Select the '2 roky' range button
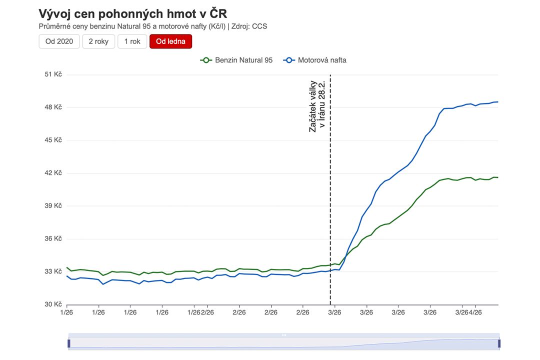point(98,41)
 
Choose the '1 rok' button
point(132,41)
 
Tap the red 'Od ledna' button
point(170,41)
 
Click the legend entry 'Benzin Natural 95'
point(237,60)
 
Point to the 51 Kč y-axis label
point(53,74)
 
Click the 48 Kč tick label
point(53,107)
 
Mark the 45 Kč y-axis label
point(53,140)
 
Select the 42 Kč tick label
point(53,173)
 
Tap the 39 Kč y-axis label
point(53,206)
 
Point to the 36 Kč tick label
point(53,239)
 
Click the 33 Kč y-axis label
point(53,271)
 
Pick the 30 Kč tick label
point(53,304)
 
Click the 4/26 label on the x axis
point(475,312)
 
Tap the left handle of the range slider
point(69,343)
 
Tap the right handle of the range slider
point(498,343)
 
